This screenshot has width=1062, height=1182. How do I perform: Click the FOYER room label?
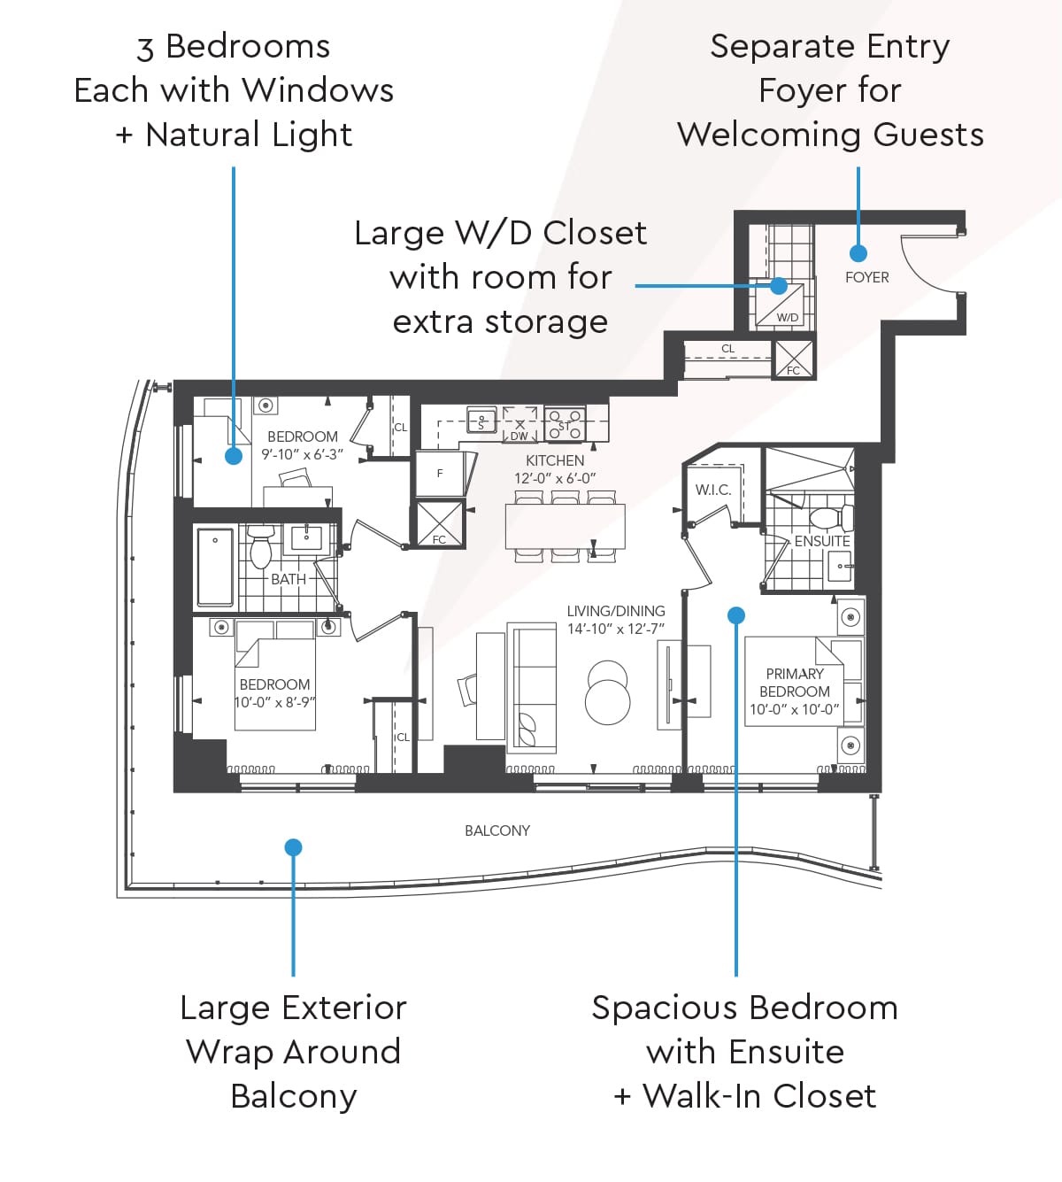[x=866, y=277]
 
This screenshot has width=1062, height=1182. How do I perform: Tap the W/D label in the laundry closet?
[x=788, y=318]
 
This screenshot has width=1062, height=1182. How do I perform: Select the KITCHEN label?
[x=555, y=460]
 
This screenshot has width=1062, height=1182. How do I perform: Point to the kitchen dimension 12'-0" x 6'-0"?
[x=555, y=478]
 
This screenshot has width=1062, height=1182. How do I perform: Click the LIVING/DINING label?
[x=616, y=611]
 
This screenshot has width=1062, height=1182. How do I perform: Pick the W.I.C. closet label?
[x=713, y=490]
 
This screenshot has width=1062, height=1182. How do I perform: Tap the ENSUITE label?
[x=822, y=541]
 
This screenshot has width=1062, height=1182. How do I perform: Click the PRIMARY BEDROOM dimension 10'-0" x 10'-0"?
[x=795, y=709]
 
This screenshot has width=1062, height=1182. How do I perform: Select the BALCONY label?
[x=497, y=830]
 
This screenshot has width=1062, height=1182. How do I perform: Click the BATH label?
[x=289, y=579]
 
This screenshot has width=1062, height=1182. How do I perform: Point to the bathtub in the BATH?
[x=215, y=567]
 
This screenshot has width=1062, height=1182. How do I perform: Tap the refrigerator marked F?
[x=441, y=473]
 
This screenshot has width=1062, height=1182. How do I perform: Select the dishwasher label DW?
[x=519, y=436]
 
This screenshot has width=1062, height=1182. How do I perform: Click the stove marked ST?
[x=565, y=423]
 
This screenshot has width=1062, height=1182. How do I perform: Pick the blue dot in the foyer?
[x=858, y=253]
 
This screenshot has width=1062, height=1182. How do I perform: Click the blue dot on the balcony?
[x=293, y=847]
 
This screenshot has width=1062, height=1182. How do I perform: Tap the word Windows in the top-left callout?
[x=318, y=90]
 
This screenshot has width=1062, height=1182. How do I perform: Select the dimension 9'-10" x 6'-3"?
[x=302, y=454]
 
